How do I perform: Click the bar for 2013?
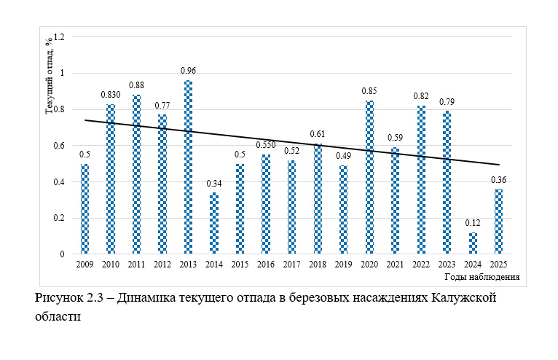point(188,168)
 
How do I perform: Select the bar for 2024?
point(473,243)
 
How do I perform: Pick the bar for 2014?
point(214,224)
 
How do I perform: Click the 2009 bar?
point(85,209)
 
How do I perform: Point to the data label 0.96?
point(188,71)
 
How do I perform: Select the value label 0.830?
point(111,95)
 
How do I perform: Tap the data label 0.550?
point(266,145)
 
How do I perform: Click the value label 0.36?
point(499,179)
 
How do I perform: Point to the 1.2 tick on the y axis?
point(60,37)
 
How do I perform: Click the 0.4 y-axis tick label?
point(60,182)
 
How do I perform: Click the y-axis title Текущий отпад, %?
point(49,75)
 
